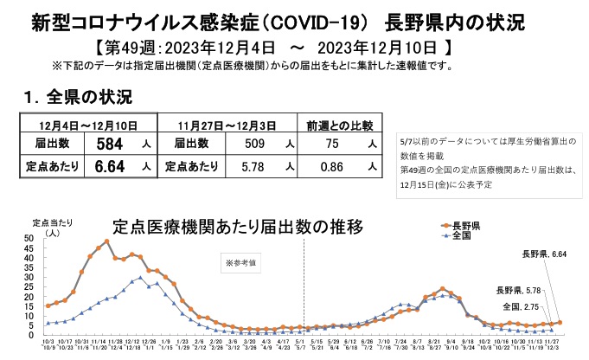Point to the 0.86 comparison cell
(x=332, y=164)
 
